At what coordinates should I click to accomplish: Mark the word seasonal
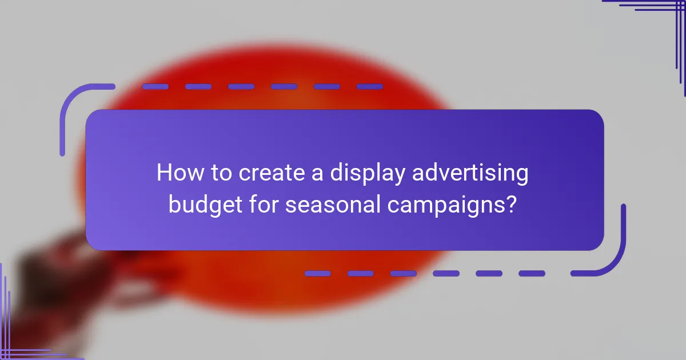(332, 204)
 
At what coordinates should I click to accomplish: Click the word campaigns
(446, 205)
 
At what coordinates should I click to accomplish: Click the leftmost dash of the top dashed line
(155, 87)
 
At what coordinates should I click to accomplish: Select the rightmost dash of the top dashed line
(369, 87)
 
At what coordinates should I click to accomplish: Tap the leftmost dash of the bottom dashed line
(318, 274)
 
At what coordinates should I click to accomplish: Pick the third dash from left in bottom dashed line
(404, 274)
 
